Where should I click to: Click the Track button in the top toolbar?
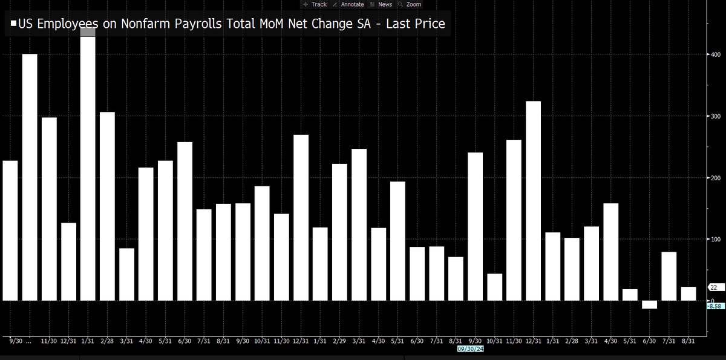pyautogui.click(x=315, y=4)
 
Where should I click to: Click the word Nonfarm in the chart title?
pyautogui.click(x=143, y=24)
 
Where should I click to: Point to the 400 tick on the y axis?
pyautogui.click(x=715, y=54)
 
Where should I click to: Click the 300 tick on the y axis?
pyautogui.click(x=715, y=116)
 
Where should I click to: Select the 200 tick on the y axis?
pyautogui.click(x=715, y=178)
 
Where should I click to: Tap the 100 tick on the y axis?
pyautogui.click(x=715, y=240)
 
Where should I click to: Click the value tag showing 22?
pyautogui.click(x=714, y=287)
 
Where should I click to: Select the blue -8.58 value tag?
pyautogui.click(x=715, y=306)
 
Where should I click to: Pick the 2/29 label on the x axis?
pyautogui.click(x=339, y=341)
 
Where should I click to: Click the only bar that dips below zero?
pyautogui.click(x=649, y=304)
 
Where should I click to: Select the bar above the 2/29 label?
pyautogui.click(x=339, y=232)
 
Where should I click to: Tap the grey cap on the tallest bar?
pyautogui.click(x=88, y=32)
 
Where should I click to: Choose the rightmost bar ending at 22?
pyautogui.click(x=688, y=293)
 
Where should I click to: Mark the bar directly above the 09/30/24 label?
pyautogui.click(x=475, y=226)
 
